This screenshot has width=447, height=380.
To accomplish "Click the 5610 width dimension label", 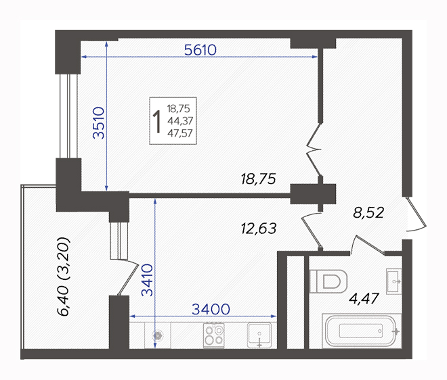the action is click(x=200, y=50).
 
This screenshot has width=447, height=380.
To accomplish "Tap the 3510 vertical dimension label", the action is click(x=99, y=122).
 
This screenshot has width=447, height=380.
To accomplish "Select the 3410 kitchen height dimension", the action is click(x=148, y=280).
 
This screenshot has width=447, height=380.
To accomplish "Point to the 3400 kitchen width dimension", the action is click(x=211, y=309).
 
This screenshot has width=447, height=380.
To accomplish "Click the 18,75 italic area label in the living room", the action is click(x=258, y=179).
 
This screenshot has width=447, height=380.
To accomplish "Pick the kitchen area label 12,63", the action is click(x=259, y=229).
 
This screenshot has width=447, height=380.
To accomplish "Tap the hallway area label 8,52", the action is click(x=368, y=212).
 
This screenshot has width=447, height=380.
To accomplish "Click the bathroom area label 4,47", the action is click(x=364, y=299).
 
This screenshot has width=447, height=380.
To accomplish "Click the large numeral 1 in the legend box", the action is click(x=157, y=122).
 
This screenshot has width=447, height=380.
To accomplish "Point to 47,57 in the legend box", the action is click(x=180, y=133).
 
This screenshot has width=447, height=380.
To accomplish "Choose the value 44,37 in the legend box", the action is click(x=180, y=121).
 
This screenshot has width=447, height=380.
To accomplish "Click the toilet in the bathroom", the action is click(x=328, y=281).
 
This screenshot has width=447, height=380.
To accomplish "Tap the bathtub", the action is click(x=361, y=331).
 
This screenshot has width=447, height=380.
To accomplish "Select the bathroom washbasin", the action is click(x=393, y=281).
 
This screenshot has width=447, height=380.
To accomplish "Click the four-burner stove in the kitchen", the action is click(x=214, y=335).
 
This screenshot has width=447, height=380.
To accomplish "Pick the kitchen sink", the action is click(x=259, y=335).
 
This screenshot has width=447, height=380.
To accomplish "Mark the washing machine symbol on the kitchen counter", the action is click(x=157, y=335).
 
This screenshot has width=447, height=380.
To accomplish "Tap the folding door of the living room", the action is click(x=314, y=149).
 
